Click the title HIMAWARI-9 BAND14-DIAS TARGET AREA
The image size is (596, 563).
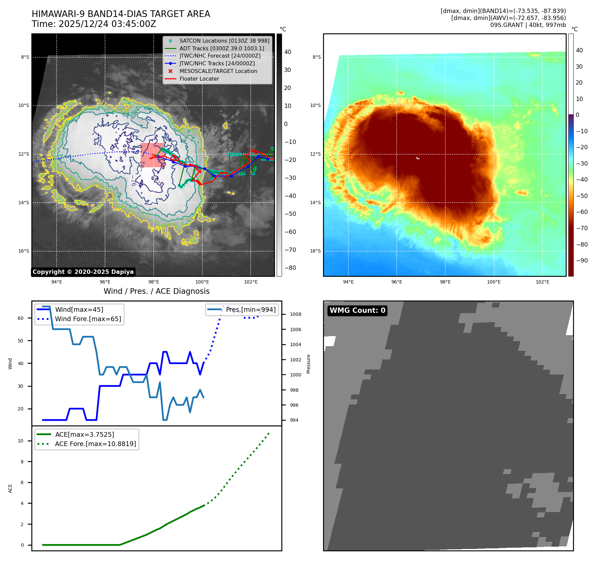[x=121, y=14]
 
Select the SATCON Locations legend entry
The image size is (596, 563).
[x=224, y=41]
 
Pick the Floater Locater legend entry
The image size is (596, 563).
[x=199, y=79]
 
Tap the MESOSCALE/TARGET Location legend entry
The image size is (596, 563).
[x=218, y=71]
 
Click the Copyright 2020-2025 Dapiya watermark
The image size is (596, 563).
[x=83, y=272]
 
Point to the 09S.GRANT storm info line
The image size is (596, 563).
[x=528, y=25]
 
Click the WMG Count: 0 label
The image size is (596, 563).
[x=357, y=310]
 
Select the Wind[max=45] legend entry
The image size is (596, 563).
[x=79, y=309]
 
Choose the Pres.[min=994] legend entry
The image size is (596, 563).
[x=250, y=309]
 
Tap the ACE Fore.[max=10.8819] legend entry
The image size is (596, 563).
[x=95, y=444]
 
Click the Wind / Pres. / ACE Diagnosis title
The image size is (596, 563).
[x=157, y=291]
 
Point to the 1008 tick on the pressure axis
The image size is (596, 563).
[x=295, y=314]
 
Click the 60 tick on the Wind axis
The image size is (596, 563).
[x=21, y=318]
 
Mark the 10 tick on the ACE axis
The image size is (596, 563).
[x=21, y=441]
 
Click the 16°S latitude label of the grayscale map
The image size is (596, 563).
[x=24, y=251]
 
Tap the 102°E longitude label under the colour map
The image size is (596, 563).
[x=542, y=282]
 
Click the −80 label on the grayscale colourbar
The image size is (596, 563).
[x=290, y=268]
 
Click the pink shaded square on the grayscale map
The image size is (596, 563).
[x=153, y=155]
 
